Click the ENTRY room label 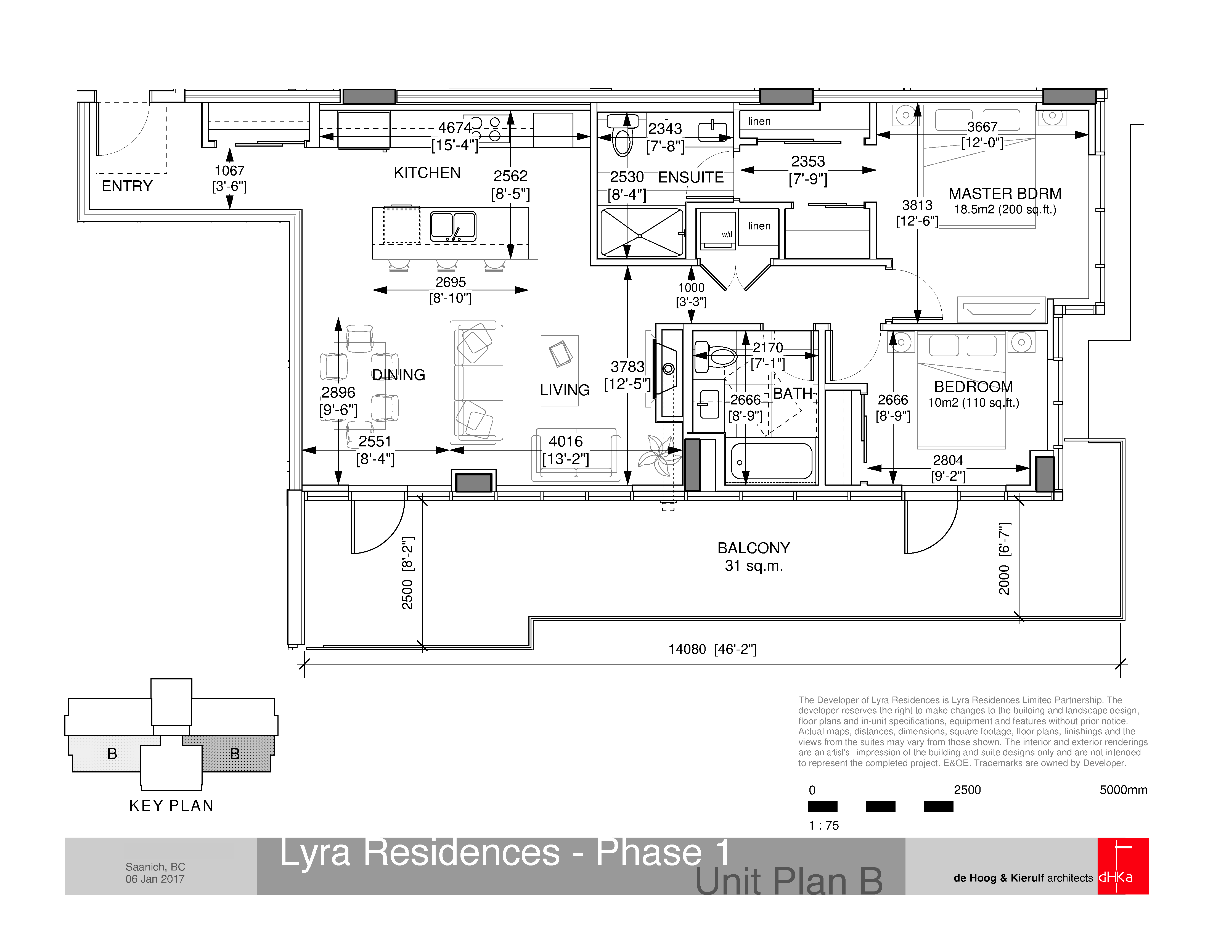click(127, 186)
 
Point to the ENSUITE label click(691, 177)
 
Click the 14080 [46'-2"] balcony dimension click(712, 649)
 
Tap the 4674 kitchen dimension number click(454, 128)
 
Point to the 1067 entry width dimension click(229, 171)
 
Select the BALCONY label click(753, 548)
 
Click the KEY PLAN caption click(171, 805)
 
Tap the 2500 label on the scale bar click(967, 790)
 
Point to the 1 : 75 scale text click(824, 825)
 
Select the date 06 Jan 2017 click(155, 879)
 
